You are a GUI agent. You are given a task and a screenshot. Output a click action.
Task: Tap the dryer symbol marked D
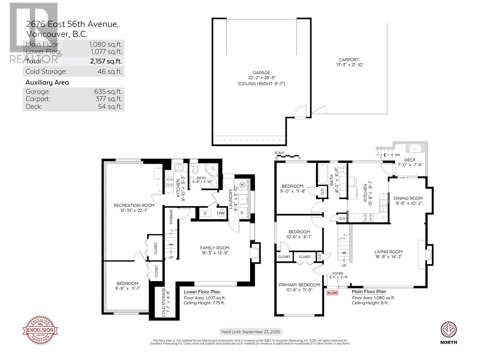coord(242,212)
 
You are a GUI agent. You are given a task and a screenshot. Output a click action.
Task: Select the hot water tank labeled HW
coord(221,213)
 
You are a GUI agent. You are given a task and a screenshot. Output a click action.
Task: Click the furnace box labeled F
coord(205,214)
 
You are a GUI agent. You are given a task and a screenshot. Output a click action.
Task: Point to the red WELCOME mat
coord(332,293)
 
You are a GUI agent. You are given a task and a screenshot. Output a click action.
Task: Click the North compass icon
coord(448,329)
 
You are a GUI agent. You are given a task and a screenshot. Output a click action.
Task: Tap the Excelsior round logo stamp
coord(40,330)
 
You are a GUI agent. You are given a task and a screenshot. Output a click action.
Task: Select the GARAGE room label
coord(261,73)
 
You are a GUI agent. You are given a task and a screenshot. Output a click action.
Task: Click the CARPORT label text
coord(349,60)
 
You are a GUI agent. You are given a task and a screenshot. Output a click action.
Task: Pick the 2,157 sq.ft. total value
coord(106,61)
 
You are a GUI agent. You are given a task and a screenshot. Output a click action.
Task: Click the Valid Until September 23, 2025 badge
coord(250,332)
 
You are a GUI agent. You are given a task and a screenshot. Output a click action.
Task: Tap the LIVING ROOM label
coord(388,252)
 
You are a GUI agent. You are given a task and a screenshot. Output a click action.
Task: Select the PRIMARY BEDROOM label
coord(299,285)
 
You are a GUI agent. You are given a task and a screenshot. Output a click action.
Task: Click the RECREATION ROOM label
coord(134,205)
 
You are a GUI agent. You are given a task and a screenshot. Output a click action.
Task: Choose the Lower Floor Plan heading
coord(202,292)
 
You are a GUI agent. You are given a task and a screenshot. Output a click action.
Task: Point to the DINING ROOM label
coord(408,198)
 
